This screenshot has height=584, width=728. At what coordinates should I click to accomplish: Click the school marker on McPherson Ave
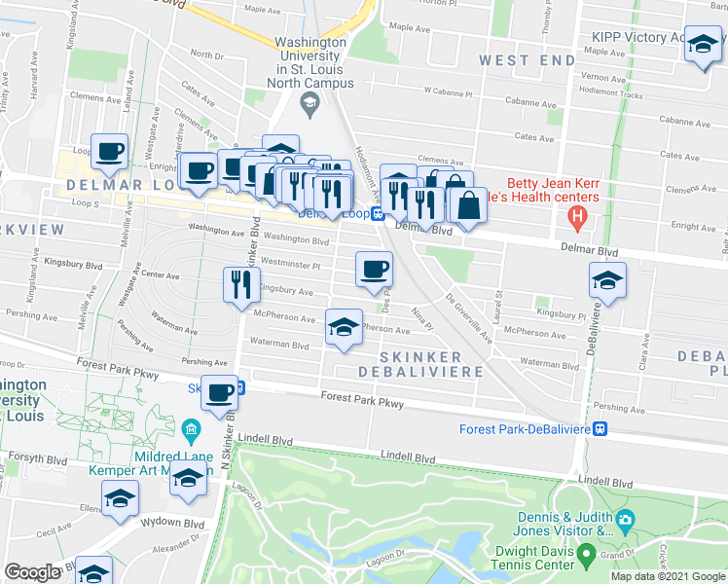343,328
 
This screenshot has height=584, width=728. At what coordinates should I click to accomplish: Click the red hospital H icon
578,216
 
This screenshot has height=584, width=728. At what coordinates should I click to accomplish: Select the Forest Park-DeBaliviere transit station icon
601,428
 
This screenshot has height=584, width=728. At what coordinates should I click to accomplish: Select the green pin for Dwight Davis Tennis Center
586,554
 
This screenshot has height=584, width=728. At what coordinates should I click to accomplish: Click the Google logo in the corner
33,572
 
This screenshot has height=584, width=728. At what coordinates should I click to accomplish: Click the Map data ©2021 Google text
667,576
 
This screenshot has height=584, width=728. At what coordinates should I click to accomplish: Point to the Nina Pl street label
419,316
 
